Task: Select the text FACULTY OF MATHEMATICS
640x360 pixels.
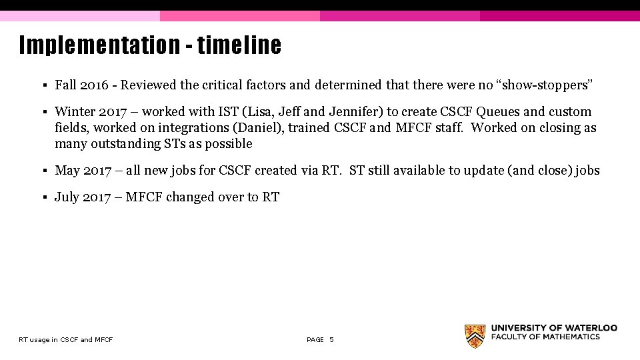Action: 546,337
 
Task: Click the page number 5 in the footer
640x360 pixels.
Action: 331,340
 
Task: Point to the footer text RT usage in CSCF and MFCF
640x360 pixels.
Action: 66,340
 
